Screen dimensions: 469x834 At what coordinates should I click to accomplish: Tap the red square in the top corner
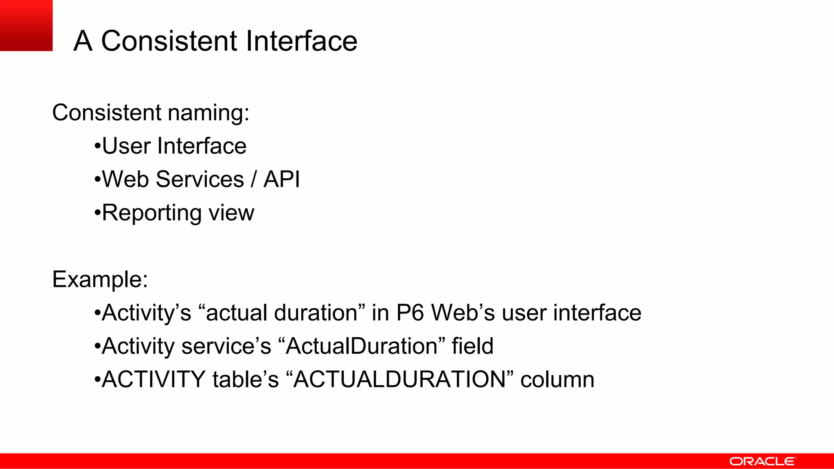[x=26, y=25]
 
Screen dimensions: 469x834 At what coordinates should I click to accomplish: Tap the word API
[x=282, y=179]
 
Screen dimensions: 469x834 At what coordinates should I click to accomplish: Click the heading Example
[x=100, y=280]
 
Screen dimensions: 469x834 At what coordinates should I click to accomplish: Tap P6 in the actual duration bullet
[x=410, y=313]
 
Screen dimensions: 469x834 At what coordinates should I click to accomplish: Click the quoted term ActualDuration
[x=362, y=346]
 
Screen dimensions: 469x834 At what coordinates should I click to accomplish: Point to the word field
[x=472, y=346]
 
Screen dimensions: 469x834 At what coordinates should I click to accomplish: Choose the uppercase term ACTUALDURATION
[x=399, y=379]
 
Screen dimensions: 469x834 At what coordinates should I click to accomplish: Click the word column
[x=557, y=379]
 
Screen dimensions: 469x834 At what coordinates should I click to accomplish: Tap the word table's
[x=246, y=379]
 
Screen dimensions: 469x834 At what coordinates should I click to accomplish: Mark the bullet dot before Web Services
[x=97, y=180]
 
